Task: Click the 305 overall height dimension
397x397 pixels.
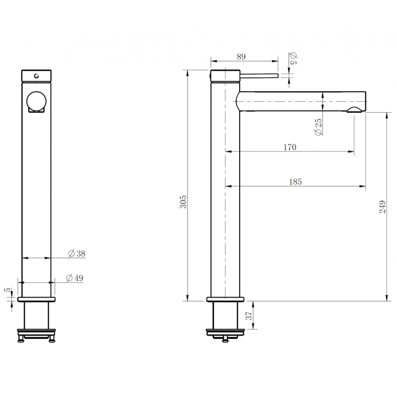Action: tap(183, 201)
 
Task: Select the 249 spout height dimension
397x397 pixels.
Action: tap(383, 206)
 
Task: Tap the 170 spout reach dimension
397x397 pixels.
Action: tap(290, 147)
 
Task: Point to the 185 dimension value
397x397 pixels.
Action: tap(295, 182)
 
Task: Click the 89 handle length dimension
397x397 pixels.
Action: tap(241, 57)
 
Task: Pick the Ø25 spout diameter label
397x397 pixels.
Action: tap(318, 127)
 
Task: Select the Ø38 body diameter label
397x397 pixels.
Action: tap(77, 254)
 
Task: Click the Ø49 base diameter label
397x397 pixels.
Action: tap(74, 278)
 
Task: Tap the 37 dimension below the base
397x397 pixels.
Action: tap(249, 316)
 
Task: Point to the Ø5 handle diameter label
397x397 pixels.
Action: tap(293, 58)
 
